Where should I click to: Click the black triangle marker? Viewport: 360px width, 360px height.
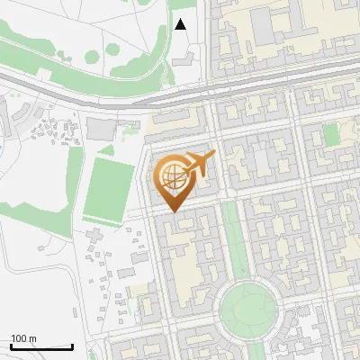181,25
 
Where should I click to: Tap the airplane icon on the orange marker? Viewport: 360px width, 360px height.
199,163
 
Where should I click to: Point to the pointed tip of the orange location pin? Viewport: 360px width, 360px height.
173,211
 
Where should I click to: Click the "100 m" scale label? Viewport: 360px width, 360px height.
23,338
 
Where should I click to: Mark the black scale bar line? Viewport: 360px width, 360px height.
41,346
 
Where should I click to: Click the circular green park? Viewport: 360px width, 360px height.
247,309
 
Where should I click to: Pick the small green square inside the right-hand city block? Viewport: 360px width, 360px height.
331,135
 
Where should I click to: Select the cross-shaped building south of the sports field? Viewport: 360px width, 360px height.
94,243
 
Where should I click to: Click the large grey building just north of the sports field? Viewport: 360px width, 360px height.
100,130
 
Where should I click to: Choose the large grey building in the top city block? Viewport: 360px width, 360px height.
264,27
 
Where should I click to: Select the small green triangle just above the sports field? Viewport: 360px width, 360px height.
107,149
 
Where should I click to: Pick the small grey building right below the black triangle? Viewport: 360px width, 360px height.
184,57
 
